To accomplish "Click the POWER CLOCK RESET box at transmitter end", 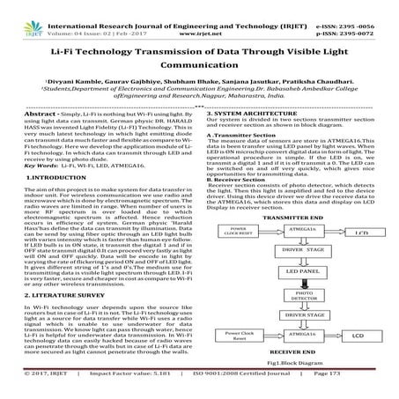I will [x=230, y=233].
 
